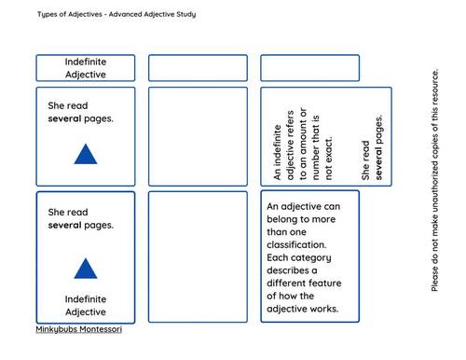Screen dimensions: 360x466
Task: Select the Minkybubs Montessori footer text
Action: [78, 329]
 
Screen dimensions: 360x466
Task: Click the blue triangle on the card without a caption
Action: [85, 154]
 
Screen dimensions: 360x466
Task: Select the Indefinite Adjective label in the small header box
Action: [85, 68]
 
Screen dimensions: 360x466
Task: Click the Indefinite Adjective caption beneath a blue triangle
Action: [85, 305]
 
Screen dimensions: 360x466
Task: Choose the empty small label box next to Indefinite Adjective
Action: [198, 68]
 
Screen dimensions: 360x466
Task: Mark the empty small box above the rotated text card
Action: [309, 68]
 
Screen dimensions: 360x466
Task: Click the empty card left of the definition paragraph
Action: [198, 256]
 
